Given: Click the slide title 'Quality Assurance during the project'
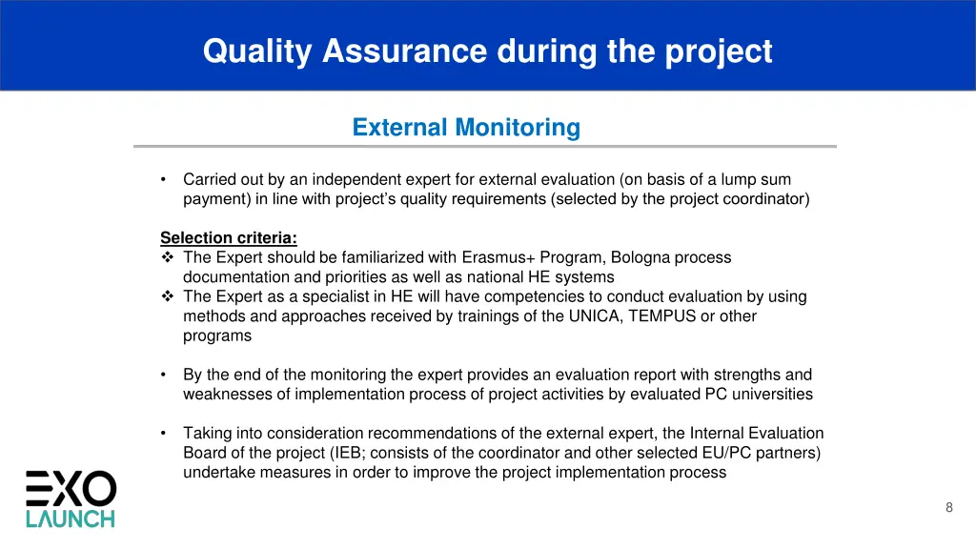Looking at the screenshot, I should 487,51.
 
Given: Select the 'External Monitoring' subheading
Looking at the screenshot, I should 465,127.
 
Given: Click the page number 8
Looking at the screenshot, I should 948,507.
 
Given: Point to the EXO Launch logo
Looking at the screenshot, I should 71,498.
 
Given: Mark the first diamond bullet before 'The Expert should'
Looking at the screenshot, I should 167,257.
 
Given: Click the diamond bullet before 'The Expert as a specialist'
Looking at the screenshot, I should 167,296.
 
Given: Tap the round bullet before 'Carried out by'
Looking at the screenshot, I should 165,179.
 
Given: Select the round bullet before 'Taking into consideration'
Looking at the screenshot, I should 165,434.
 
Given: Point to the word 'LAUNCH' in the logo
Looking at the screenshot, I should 71,518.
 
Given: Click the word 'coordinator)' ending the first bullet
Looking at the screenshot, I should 766,199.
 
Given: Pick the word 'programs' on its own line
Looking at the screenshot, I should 217,335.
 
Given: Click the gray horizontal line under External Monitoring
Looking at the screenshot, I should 484,147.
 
